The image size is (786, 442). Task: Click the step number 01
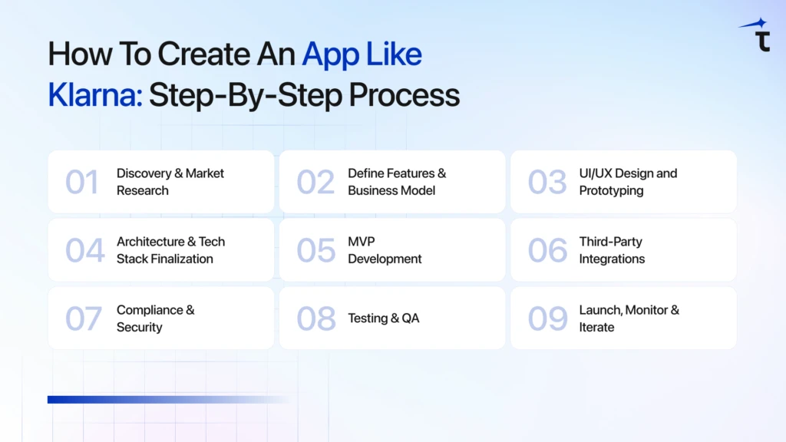tap(82, 183)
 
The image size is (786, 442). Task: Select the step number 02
tap(315, 183)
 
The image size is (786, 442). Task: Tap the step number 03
tap(547, 183)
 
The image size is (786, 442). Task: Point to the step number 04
tap(84, 251)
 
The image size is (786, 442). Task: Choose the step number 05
tap(315, 251)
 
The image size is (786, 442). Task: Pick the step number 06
tap(547, 251)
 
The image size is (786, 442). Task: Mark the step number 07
tap(83, 319)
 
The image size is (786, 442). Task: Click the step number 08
tap(315, 319)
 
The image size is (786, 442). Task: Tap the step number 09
tap(547, 319)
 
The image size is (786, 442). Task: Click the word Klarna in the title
tap(94, 95)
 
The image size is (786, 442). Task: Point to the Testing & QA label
tap(384, 318)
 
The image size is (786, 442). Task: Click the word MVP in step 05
tap(362, 242)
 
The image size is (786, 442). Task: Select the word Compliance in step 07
tap(150, 310)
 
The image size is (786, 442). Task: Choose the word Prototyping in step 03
tap(611, 190)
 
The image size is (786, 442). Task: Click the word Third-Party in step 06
tap(610, 242)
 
